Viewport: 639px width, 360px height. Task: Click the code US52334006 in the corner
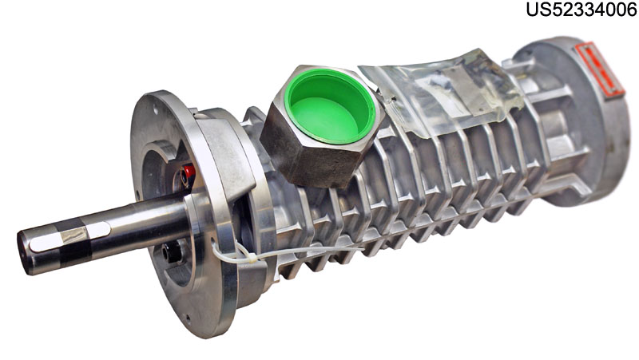coord(581,10)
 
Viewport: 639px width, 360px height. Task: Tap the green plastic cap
coord(330,105)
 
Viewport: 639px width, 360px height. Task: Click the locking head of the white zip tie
coord(252,258)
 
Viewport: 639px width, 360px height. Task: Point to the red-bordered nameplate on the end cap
coord(600,69)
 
